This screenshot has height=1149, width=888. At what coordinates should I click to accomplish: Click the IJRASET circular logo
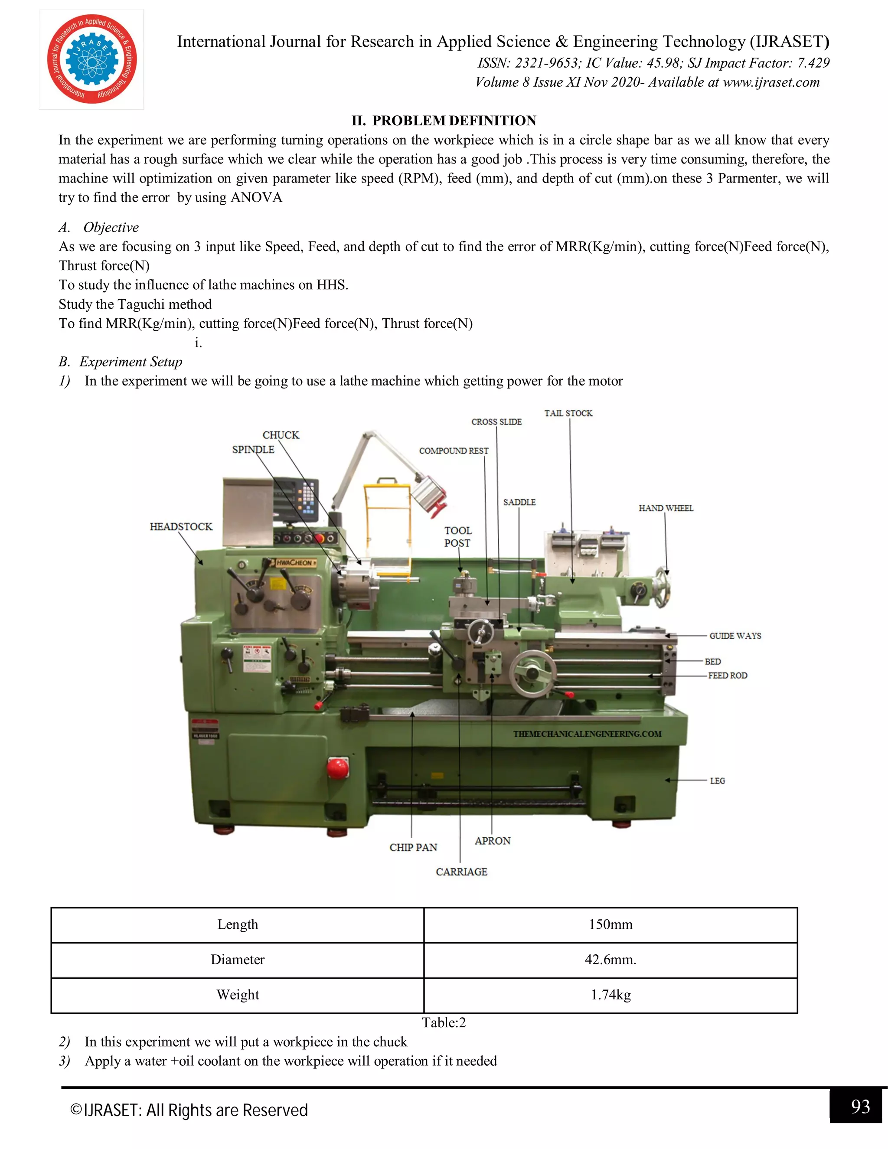point(92,59)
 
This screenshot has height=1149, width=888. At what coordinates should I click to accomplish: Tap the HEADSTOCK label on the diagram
point(181,527)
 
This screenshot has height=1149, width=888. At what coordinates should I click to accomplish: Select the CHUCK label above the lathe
point(281,435)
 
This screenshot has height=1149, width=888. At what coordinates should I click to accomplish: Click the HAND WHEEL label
point(666,508)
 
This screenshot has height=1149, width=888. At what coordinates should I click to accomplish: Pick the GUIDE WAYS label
point(735,636)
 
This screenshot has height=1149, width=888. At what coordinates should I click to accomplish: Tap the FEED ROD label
point(728,676)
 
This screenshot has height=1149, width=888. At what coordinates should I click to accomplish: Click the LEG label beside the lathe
point(717,781)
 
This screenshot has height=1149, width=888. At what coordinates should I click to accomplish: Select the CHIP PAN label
point(414,848)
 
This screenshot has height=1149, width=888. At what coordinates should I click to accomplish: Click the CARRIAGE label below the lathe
point(461,872)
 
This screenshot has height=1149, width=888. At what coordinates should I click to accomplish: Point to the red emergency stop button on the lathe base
point(337,767)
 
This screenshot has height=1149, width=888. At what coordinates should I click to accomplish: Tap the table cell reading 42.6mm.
point(610,960)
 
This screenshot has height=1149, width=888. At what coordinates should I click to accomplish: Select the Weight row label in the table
point(238,995)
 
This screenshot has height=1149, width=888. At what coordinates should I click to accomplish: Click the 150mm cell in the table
point(610,924)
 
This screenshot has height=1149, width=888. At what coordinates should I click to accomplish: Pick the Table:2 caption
point(444,1022)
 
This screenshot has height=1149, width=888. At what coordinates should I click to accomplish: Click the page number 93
point(860,1107)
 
